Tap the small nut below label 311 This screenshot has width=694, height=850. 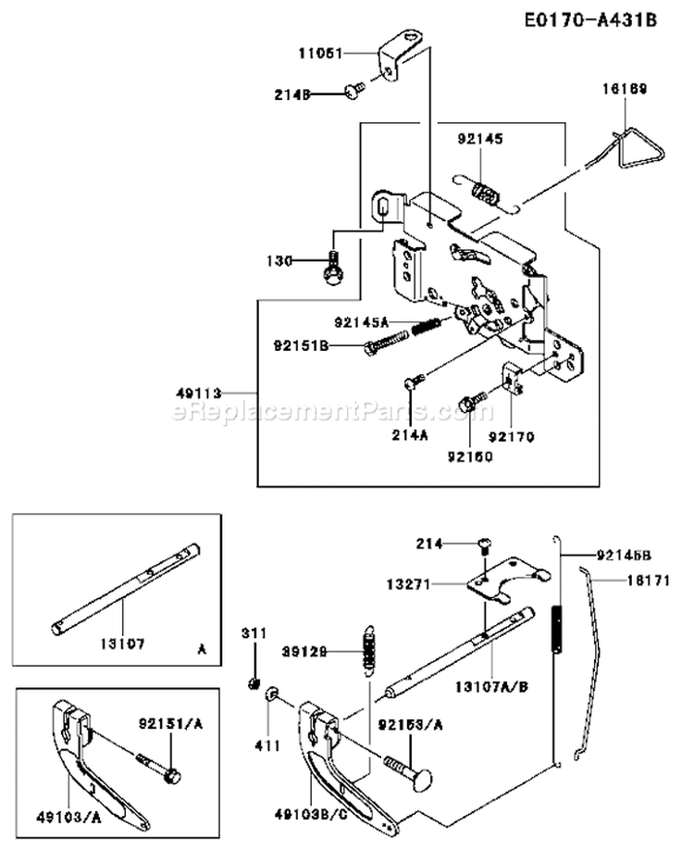coord(253,683)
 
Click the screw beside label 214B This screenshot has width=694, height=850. coord(353,90)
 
